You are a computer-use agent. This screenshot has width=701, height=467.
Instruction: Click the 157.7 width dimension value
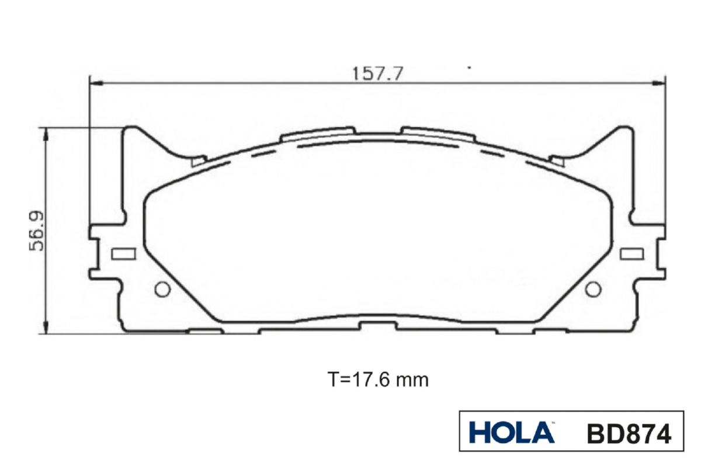pyautogui.click(x=378, y=74)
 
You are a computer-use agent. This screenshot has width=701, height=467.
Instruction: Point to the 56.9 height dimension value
pyautogui.click(x=36, y=231)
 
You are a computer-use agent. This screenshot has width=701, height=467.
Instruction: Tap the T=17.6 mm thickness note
pyautogui.click(x=378, y=380)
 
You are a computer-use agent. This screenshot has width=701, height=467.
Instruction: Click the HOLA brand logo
pyautogui.click(x=512, y=433)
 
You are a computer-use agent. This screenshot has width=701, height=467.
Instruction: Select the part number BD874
pyautogui.click(x=629, y=434)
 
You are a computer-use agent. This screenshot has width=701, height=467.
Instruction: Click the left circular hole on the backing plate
pyautogui.click(x=163, y=290)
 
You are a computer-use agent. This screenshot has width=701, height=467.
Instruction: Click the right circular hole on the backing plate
pyautogui.click(x=593, y=290)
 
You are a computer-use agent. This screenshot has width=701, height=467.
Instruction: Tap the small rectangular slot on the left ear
pyautogui.click(x=124, y=254)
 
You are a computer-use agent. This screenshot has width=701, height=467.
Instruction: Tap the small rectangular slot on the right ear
pyautogui.click(x=632, y=254)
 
